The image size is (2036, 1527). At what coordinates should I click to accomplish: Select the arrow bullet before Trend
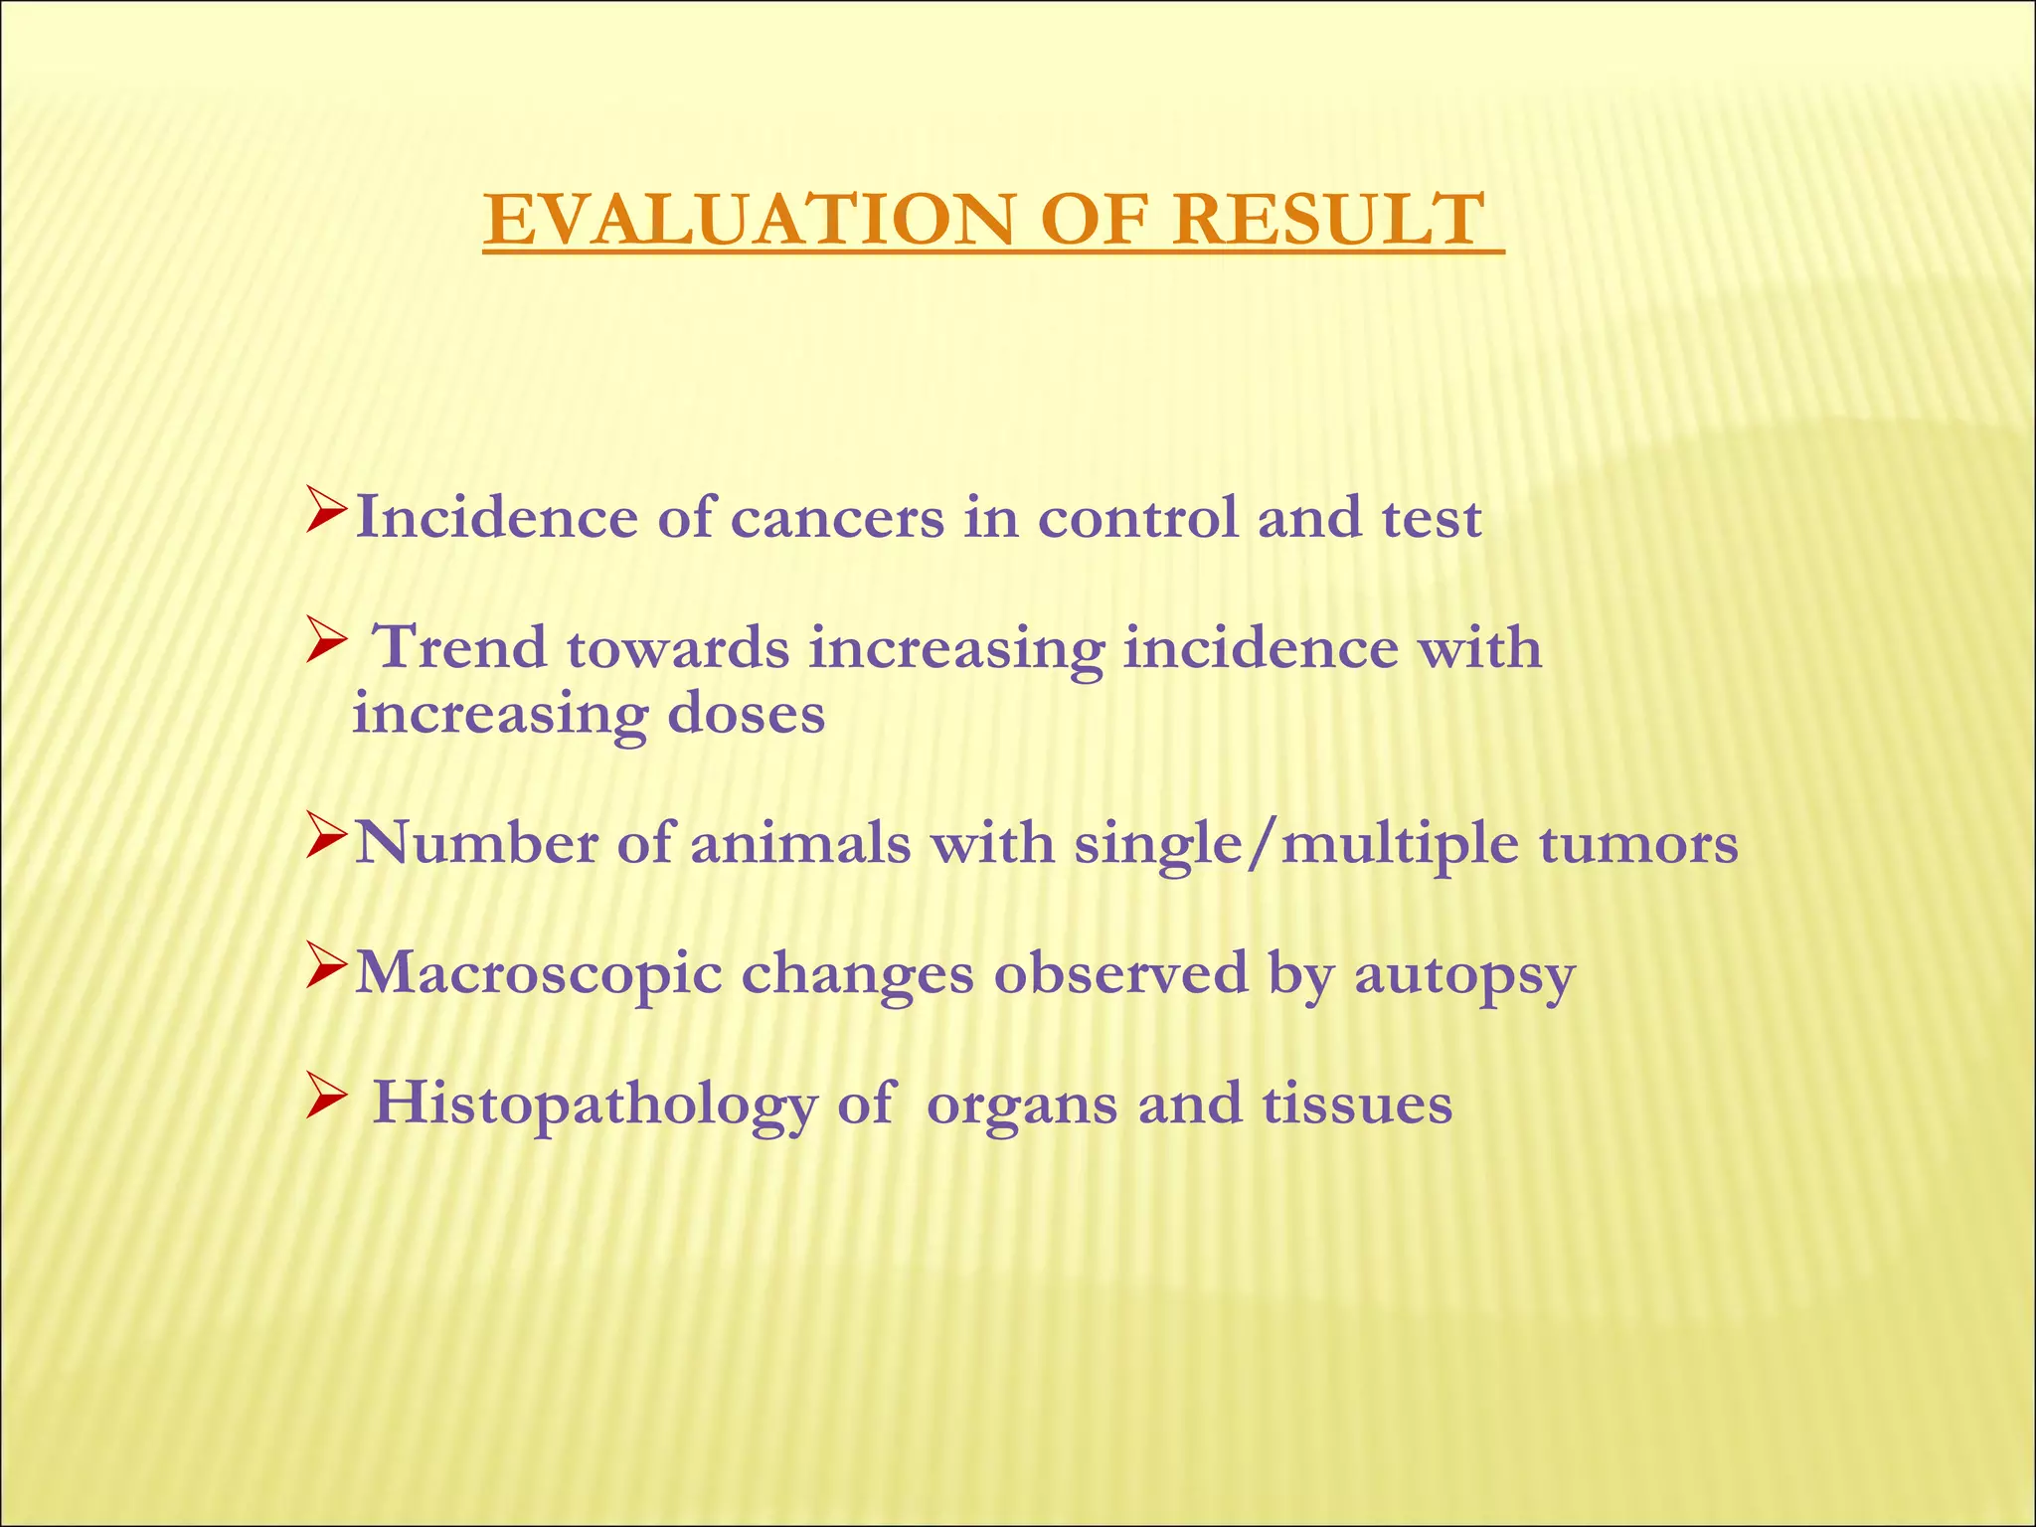click(325, 638)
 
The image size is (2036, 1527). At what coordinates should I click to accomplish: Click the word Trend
click(459, 648)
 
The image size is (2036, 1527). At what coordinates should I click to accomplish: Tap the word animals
click(800, 844)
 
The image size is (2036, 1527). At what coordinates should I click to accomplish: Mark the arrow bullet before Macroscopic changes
click(325, 965)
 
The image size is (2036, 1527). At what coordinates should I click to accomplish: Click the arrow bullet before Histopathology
click(325, 1096)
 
